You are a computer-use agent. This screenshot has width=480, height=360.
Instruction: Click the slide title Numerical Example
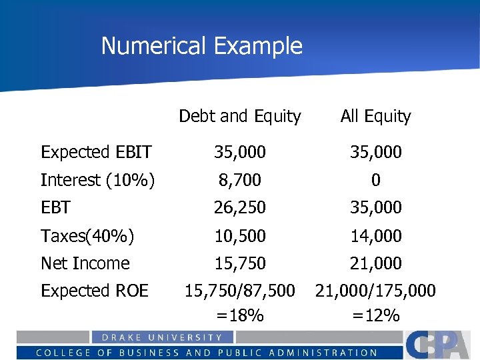(x=201, y=46)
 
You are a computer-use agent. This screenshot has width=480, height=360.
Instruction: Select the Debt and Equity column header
(x=240, y=116)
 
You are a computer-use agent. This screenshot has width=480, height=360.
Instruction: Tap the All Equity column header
(x=375, y=116)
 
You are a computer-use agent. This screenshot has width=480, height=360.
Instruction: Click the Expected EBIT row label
(x=96, y=152)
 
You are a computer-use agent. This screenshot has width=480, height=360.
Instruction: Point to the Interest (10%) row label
(x=98, y=180)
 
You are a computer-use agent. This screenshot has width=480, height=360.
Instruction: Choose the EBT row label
(x=55, y=207)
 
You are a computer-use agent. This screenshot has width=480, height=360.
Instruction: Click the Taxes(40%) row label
(x=87, y=235)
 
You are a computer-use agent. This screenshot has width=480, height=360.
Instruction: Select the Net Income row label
(x=85, y=263)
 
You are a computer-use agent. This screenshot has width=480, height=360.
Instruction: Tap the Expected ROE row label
(x=95, y=291)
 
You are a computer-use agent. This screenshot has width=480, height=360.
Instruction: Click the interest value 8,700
(x=240, y=180)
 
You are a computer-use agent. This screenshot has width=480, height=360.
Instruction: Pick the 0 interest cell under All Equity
(x=376, y=180)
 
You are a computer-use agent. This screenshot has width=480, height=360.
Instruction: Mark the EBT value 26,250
(x=240, y=207)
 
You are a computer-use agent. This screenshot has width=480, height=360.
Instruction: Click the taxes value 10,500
(x=240, y=235)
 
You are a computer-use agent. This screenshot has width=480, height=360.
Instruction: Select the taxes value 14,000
(x=376, y=235)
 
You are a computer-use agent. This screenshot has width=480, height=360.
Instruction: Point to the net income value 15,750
(x=240, y=263)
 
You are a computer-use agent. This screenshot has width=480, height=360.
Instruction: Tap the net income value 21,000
(x=376, y=263)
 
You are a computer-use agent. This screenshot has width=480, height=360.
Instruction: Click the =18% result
(x=240, y=315)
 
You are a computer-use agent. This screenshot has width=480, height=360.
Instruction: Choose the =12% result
(x=376, y=315)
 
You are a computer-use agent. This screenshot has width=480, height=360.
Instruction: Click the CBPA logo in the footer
(x=441, y=344)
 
